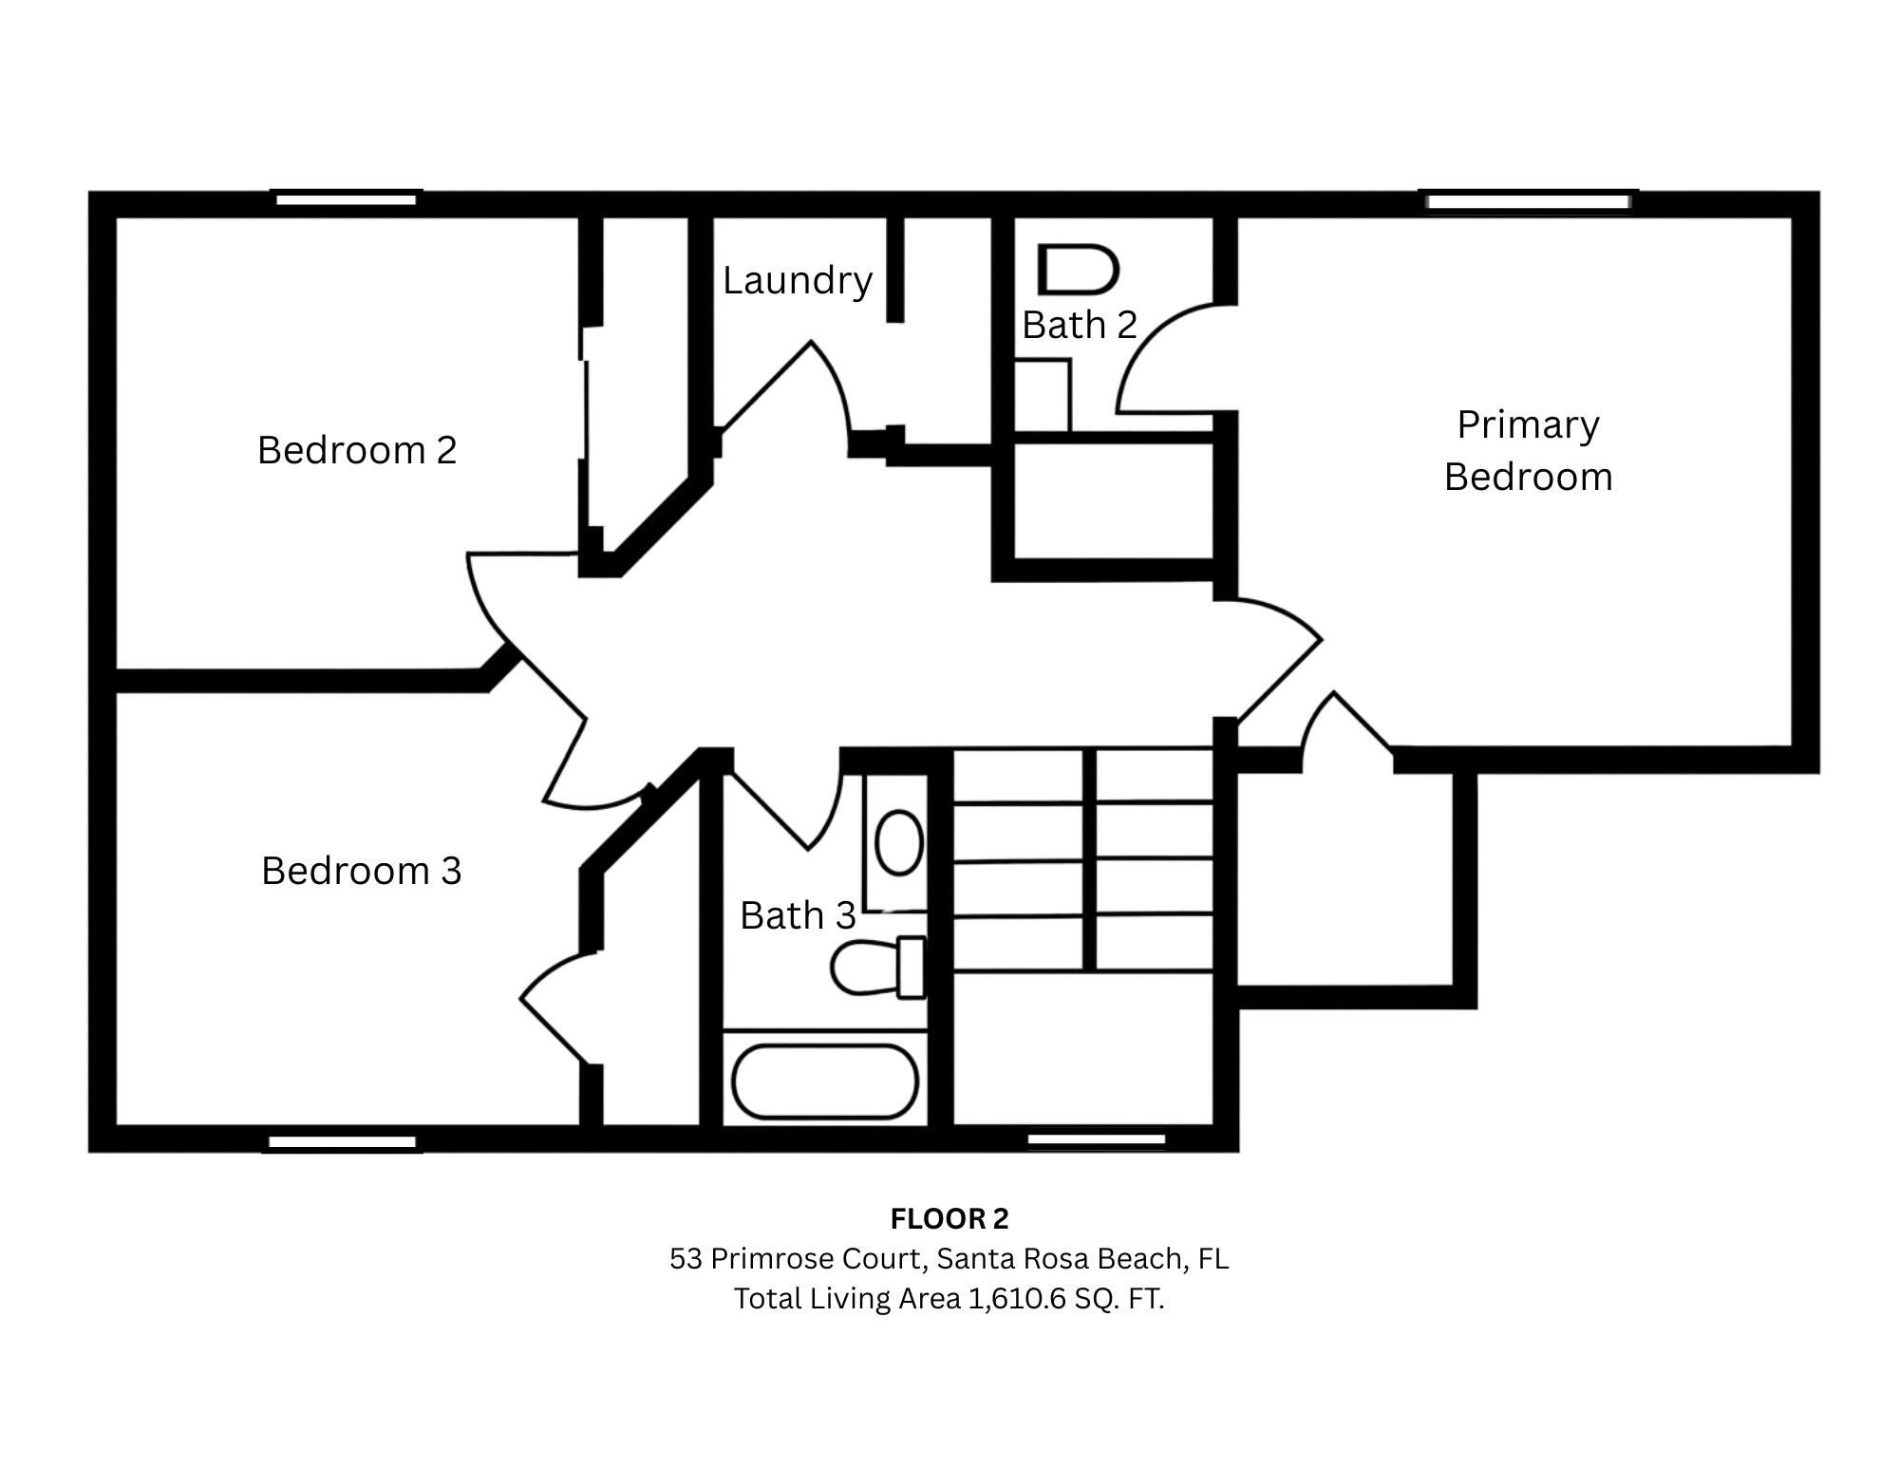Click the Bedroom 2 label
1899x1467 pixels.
point(357,450)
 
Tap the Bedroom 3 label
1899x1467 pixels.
point(361,871)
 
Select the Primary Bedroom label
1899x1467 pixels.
point(1528,450)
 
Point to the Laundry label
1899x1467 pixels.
point(797,280)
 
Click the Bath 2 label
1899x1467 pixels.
point(1079,325)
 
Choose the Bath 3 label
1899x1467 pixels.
point(798,915)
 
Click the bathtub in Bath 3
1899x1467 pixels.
point(824,1081)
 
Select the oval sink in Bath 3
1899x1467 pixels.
point(898,842)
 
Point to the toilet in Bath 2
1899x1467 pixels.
point(1077,270)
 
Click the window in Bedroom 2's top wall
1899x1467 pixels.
point(347,199)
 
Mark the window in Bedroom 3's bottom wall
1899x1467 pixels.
point(342,1143)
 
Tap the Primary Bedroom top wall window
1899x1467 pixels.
point(1528,201)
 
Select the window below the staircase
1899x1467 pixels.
point(1097,1138)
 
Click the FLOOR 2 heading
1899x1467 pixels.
point(949,1218)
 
